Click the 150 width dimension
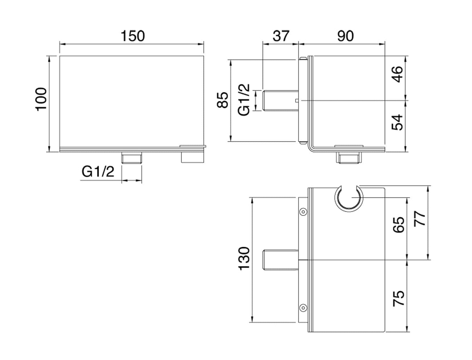click(x=133, y=36)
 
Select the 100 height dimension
click(x=42, y=99)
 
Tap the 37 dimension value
click(x=281, y=36)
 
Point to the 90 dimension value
click(x=345, y=36)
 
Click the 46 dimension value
click(x=398, y=74)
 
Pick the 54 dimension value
click(x=398, y=123)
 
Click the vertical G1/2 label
click(x=244, y=100)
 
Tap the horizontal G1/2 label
click(x=98, y=171)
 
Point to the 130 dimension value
click(x=244, y=258)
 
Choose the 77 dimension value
click(x=420, y=219)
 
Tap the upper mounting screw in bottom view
click(x=303, y=212)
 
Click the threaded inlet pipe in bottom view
click(x=281, y=260)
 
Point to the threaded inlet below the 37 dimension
click(x=281, y=101)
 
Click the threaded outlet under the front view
click(x=132, y=158)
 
